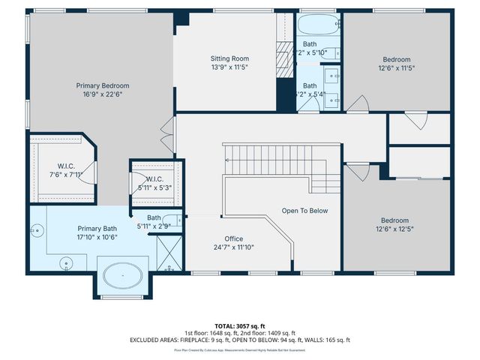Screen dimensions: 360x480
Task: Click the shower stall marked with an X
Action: (x=169, y=253)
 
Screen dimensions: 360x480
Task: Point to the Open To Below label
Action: (x=305, y=211)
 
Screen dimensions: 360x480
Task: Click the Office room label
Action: (x=233, y=238)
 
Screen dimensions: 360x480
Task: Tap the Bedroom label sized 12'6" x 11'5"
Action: (x=397, y=59)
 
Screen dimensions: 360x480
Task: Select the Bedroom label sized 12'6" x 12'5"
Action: (x=394, y=220)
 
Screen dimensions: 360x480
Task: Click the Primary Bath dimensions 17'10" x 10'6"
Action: (x=97, y=237)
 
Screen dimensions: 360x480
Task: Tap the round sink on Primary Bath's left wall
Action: (x=36, y=230)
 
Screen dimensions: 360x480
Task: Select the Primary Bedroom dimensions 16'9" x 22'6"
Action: (x=102, y=95)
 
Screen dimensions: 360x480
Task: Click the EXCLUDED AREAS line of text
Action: (x=240, y=340)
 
